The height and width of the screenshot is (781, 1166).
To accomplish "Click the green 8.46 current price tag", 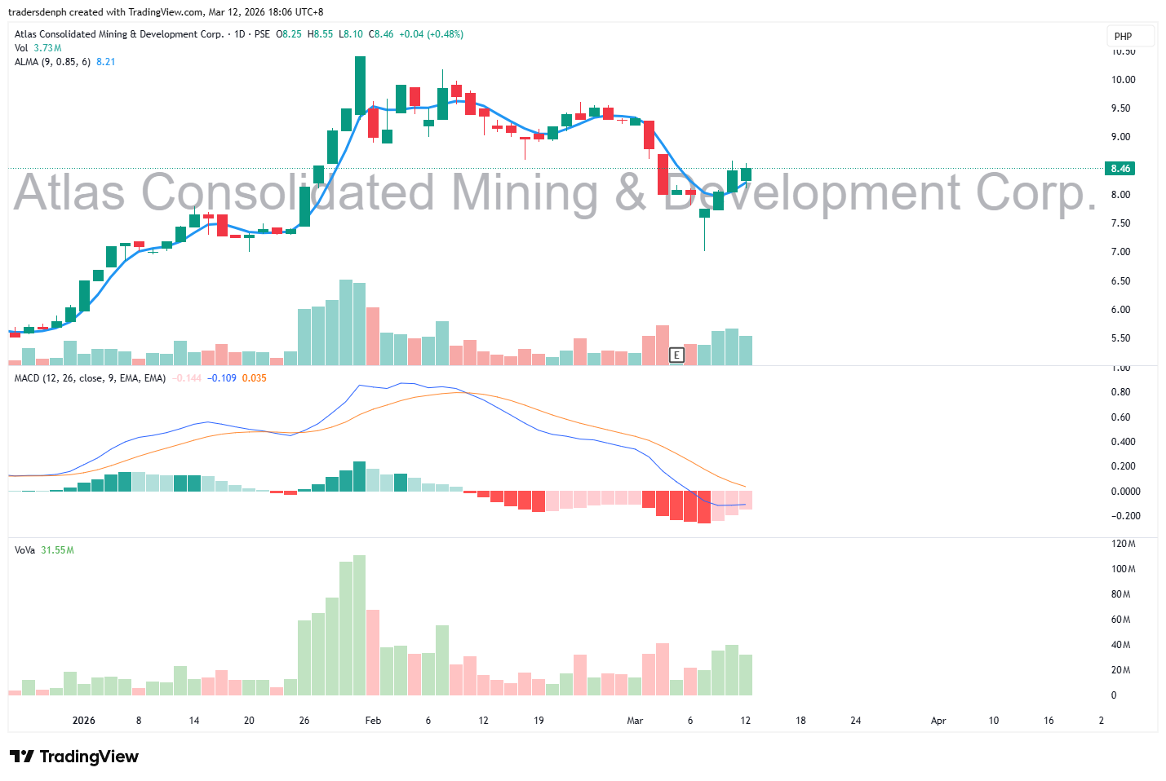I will (x=1120, y=169).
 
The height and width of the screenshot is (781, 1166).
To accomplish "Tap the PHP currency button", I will (x=1124, y=37).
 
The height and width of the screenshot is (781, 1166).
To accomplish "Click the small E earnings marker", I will (x=676, y=355).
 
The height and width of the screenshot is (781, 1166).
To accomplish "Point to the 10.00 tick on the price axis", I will (x=1123, y=80).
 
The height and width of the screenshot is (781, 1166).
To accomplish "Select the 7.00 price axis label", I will (x=1120, y=252).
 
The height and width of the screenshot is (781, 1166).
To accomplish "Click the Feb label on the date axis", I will (x=373, y=721).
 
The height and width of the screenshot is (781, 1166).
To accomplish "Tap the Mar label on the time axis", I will (x=635, y=721).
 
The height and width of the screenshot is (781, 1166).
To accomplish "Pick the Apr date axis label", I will (x=938, y=721).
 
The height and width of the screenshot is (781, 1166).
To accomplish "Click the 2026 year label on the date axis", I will (x=83, y=721).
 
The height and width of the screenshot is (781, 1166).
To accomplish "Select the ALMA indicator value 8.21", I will (x=105, y=62).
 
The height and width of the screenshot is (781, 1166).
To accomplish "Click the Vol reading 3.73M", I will (x=47, y=48).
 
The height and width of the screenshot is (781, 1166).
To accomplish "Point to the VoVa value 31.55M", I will (x=57, y=550).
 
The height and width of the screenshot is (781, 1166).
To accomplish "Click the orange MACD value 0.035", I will (x=254, y=378).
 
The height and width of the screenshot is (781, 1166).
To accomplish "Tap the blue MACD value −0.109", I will (x=221, y=378).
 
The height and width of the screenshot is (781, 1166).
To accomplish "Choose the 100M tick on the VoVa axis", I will (x=1123, y=569).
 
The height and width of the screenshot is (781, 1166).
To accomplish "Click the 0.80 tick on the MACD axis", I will (x=1120, y=392).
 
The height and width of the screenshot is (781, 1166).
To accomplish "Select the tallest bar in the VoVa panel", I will (x=359, y=624).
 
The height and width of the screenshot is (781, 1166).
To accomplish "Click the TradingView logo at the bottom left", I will (x=74, y=757).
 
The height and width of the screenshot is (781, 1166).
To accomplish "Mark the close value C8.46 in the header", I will (x=381, y=34).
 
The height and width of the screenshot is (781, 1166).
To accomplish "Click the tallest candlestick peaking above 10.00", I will (x=360, y=86).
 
